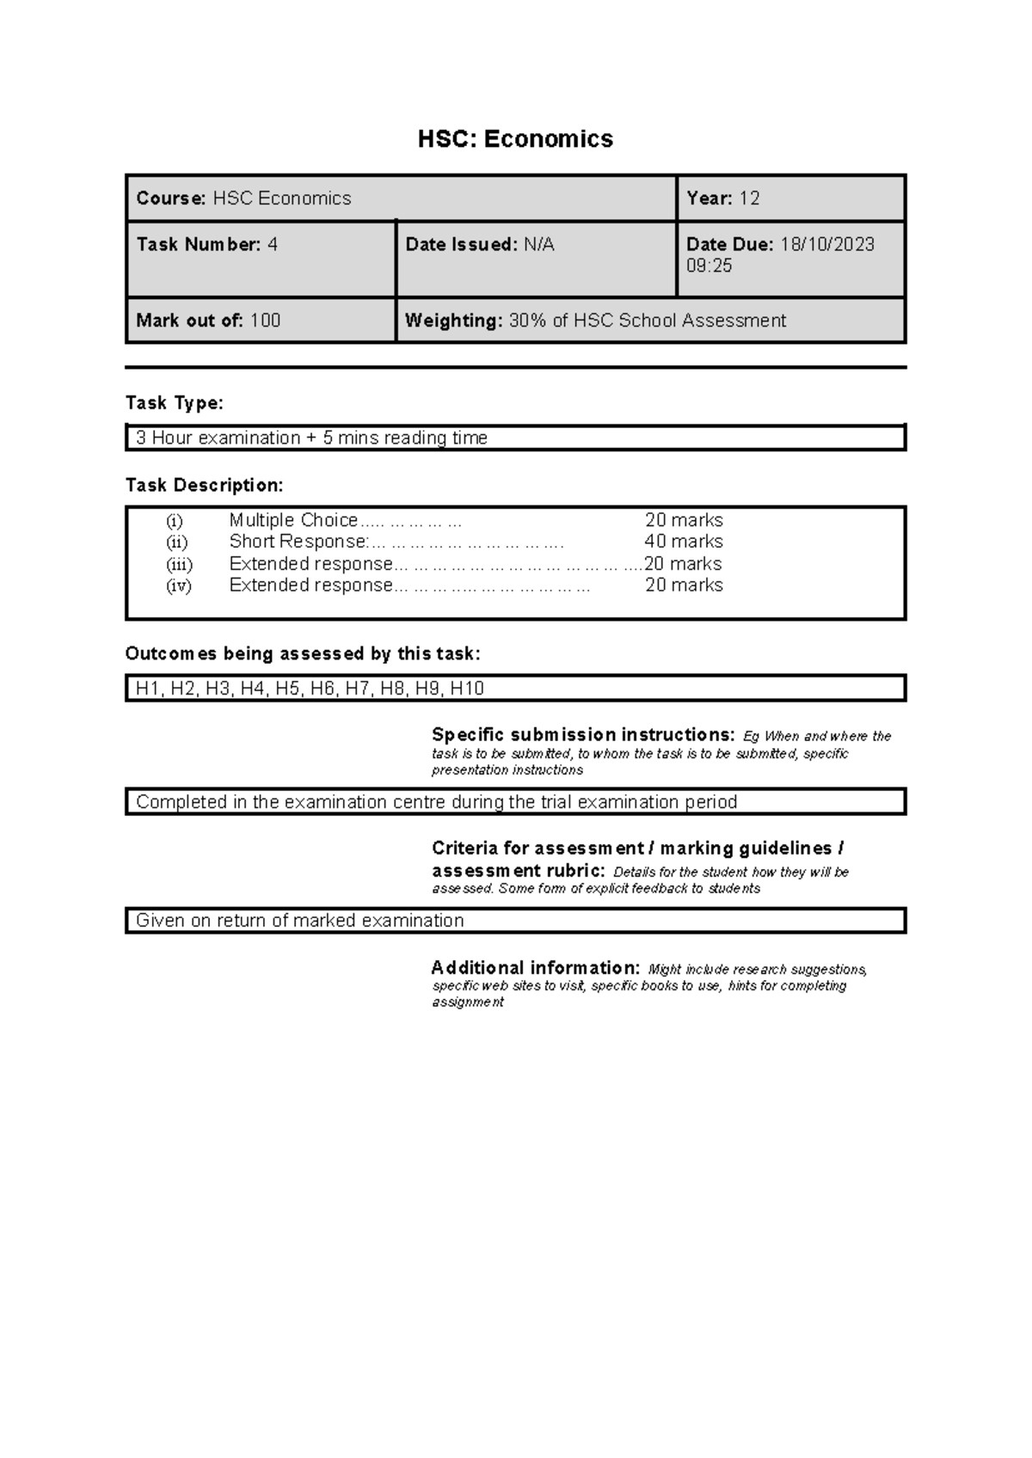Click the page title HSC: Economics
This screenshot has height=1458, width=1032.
pyautogui.click(x=515, y=139)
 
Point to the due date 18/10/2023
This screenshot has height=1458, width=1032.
pyautogui.click(x=826, y=245)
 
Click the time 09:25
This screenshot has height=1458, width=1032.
pyautogui.click(x=709, y=266)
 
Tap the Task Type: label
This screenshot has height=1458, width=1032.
pyautogui.click(x=174, y=403)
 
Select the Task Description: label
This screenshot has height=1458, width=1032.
pyautogui.click(x=204, y=486)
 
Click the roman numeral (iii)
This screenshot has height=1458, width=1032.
pyautogui.click(x=179, y=565)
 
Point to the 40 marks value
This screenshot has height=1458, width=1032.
pyautogui.click(x=684, y=542)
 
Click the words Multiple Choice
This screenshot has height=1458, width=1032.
pyautogui.click(x=293, y=520)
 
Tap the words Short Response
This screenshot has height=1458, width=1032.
pyautogui.click(x=298, y=542)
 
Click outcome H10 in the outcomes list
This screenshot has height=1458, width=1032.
pyautogui.click(x=467, y=689)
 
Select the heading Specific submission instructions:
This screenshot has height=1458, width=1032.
pyautogui.click(x=583, y=735)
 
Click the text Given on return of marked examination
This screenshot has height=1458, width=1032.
pyautogui.click(x=300, y=921)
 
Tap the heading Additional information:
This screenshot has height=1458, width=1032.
pyautogui.click(x=535, y=968)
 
